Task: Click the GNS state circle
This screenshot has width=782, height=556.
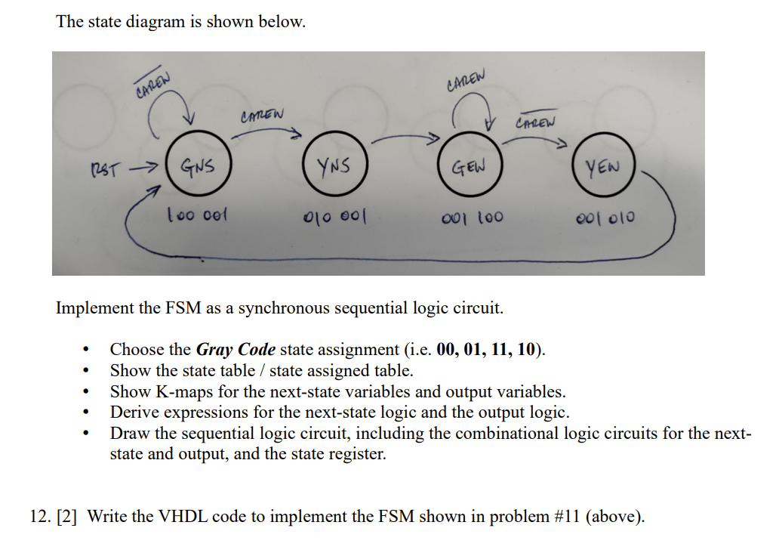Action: [195, 164]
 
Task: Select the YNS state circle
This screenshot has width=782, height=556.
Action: [333, 165]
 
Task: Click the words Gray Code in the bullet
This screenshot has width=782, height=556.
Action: [236, 350]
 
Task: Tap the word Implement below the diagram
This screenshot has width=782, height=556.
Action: [94, 308]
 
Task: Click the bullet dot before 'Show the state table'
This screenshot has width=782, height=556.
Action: [90, 371]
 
